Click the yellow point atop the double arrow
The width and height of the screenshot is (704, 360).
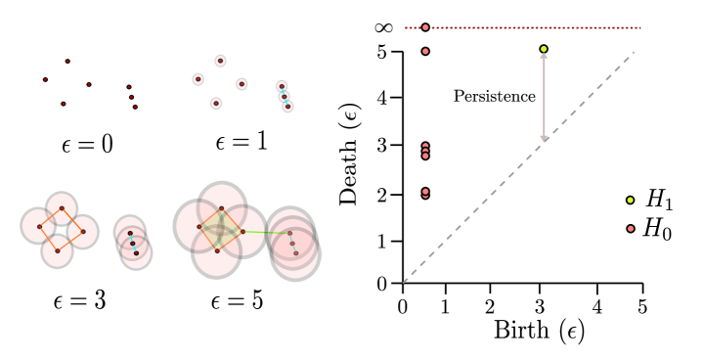[544, 49]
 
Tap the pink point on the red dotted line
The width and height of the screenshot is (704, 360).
[425, 27]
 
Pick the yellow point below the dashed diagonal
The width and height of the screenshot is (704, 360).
[630, 201]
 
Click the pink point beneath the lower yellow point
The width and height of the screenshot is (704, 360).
[631, 229]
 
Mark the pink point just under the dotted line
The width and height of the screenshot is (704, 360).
[425, 51]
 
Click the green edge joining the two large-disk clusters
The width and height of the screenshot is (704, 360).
[264, 232]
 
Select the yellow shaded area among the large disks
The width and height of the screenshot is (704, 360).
[220, 230]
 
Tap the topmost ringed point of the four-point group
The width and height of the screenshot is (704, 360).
[220, 61]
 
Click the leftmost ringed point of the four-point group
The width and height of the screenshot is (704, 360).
[198, 79]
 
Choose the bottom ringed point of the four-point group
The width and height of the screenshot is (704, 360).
[216, 103]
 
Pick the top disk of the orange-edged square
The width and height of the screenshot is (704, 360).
[62, 206]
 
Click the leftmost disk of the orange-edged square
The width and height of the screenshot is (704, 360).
[38, 226]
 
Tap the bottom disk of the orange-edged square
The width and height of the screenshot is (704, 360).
[57, 251]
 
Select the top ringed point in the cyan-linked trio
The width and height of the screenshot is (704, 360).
[282, 86]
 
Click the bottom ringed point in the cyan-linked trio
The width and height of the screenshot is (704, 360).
[287, 106]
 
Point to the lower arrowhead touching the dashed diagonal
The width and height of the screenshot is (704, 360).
[544, 138]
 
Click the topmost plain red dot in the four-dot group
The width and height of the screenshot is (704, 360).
[67, 61]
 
